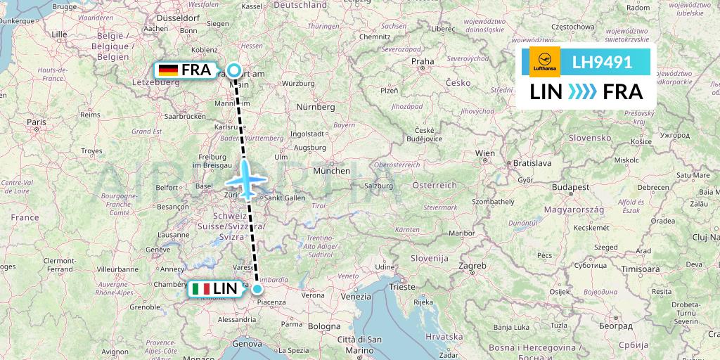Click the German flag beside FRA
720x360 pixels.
(x=168, y=70)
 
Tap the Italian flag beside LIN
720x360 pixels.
(x=200, y=288)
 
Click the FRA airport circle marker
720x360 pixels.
(x=234, y=70)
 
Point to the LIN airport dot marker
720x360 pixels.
(x=257, y=288)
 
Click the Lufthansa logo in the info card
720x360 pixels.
(x=544, y=62)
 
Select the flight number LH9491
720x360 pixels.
(x=602, y=62)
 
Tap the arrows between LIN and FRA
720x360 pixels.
(x=582, y=91)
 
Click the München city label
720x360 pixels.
(x=332, y=171)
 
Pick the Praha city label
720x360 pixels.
(x=423, y=61)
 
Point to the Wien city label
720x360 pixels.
(x=485, y=153)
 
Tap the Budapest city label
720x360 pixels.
(x=570, y=188)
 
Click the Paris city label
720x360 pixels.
(x=36, y=122)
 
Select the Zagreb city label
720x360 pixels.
(x=472, y=266)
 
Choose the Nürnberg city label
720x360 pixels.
(x=315, y=107)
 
